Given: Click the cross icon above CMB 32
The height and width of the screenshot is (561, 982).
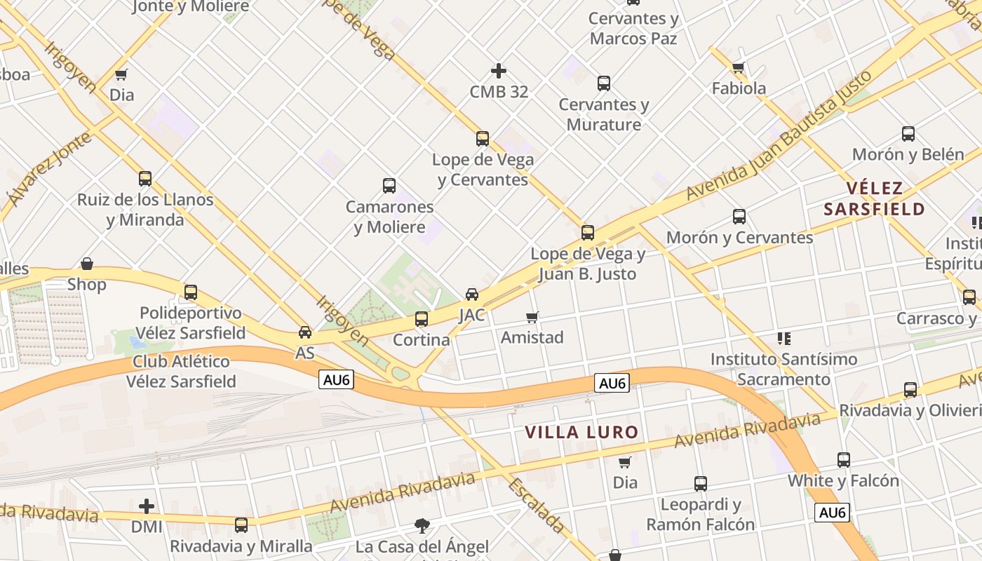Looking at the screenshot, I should (499, 71).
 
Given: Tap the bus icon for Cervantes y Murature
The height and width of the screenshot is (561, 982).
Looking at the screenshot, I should (604, 83).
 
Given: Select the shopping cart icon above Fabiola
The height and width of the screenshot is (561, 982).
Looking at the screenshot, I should (738, 68).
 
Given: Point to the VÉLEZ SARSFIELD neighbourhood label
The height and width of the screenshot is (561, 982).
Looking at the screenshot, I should (875, 198).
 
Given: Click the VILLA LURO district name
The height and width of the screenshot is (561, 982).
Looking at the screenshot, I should (582, 432).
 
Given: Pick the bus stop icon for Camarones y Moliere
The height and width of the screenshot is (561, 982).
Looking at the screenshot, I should (389, 186).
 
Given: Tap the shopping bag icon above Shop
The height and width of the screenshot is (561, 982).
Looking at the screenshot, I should (87, 264).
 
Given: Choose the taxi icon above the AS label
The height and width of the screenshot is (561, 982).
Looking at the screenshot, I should (305, 332).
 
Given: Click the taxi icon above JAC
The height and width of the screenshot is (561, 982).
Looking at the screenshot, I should (472, 294).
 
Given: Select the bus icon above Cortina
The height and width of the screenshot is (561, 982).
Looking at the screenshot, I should (422, 319).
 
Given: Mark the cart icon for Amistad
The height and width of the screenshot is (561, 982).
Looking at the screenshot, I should (532, 317).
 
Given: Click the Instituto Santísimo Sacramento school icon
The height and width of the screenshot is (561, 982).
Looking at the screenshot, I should (783, 339).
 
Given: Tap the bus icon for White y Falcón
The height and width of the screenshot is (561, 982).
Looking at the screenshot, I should (844, 460).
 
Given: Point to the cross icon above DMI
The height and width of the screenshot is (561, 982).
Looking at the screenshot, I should (147, 506).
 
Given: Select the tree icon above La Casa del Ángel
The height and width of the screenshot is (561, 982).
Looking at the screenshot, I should (422, 525).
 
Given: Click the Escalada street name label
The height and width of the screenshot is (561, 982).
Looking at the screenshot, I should (537, 506).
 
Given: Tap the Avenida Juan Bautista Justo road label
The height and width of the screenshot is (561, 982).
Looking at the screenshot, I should (779, 135).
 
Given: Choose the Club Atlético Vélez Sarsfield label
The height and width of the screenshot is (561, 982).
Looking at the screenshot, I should (182, 372).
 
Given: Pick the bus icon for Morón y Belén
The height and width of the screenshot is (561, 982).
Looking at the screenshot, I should (908, 134).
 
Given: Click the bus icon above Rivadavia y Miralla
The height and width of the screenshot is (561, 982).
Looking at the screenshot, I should (241, 525).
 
